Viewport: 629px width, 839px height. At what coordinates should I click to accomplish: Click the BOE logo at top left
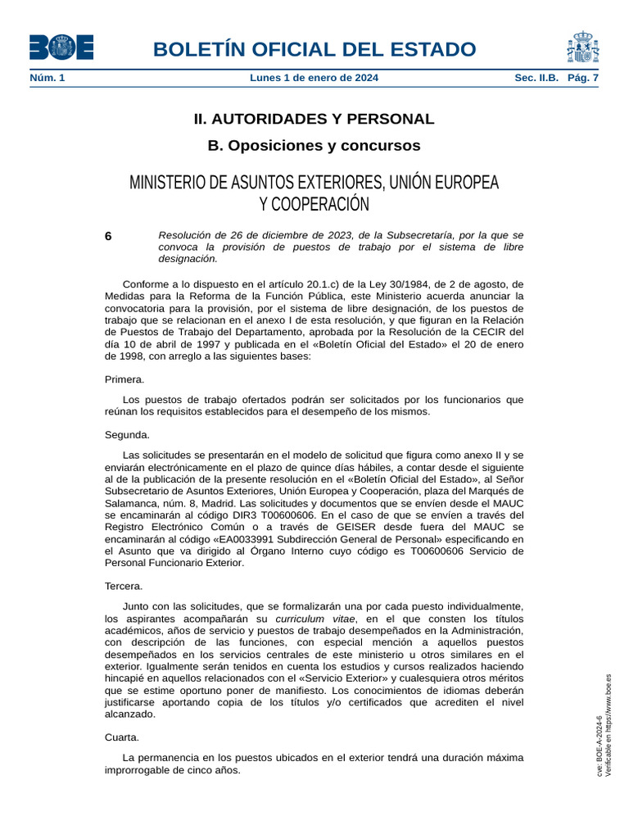pos(61,48)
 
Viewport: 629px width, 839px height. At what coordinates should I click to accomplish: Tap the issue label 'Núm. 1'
pos(48,78)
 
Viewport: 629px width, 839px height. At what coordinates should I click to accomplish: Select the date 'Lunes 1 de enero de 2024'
pos(314,78)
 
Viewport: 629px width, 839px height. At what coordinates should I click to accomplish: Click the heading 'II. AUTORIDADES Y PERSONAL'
pos(314,119)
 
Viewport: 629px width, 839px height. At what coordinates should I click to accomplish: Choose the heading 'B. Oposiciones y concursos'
pos(314,146)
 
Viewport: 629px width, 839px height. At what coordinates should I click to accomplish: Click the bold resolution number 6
pos(108,236)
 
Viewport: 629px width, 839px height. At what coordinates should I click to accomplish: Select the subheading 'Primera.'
pos(124,379)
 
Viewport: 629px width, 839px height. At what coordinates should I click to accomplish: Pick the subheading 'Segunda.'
pos(127,434)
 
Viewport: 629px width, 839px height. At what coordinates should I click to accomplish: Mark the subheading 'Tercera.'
pos(124,586)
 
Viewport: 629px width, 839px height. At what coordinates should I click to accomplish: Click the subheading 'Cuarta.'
pos(122,737)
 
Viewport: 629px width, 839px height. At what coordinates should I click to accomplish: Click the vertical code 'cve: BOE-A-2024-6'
pos(600,747)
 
